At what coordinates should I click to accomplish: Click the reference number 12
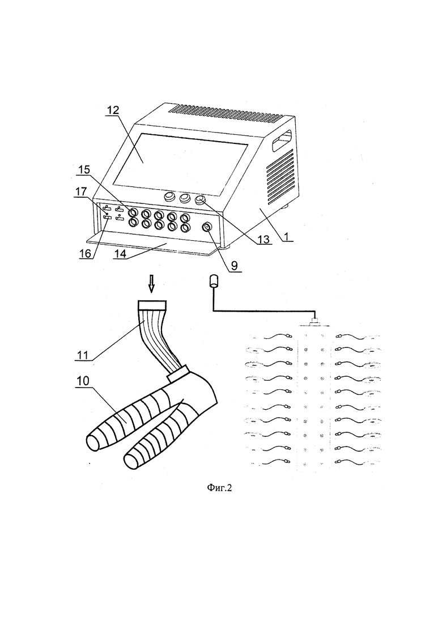click(x=113, y=110)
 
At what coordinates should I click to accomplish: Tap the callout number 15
click(x=84, y=170)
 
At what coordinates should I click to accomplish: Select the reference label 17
click(x=81, y=192)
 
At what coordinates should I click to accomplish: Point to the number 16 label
click(x=85, y=253)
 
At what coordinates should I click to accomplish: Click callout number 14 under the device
click(x=120, y=253)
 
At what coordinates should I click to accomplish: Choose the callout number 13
click(x=263, y=239)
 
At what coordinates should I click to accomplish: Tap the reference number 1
click(x=286, y=236)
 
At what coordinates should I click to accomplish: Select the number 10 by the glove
click(x=83, y=381)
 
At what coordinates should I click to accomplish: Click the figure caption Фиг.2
click(x=219, y=488)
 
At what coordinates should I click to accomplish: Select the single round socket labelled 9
click(x=207, y=227)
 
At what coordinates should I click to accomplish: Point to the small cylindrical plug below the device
click(x=214, y=281)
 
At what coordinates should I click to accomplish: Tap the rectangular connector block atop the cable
click(x=152, y=306)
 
